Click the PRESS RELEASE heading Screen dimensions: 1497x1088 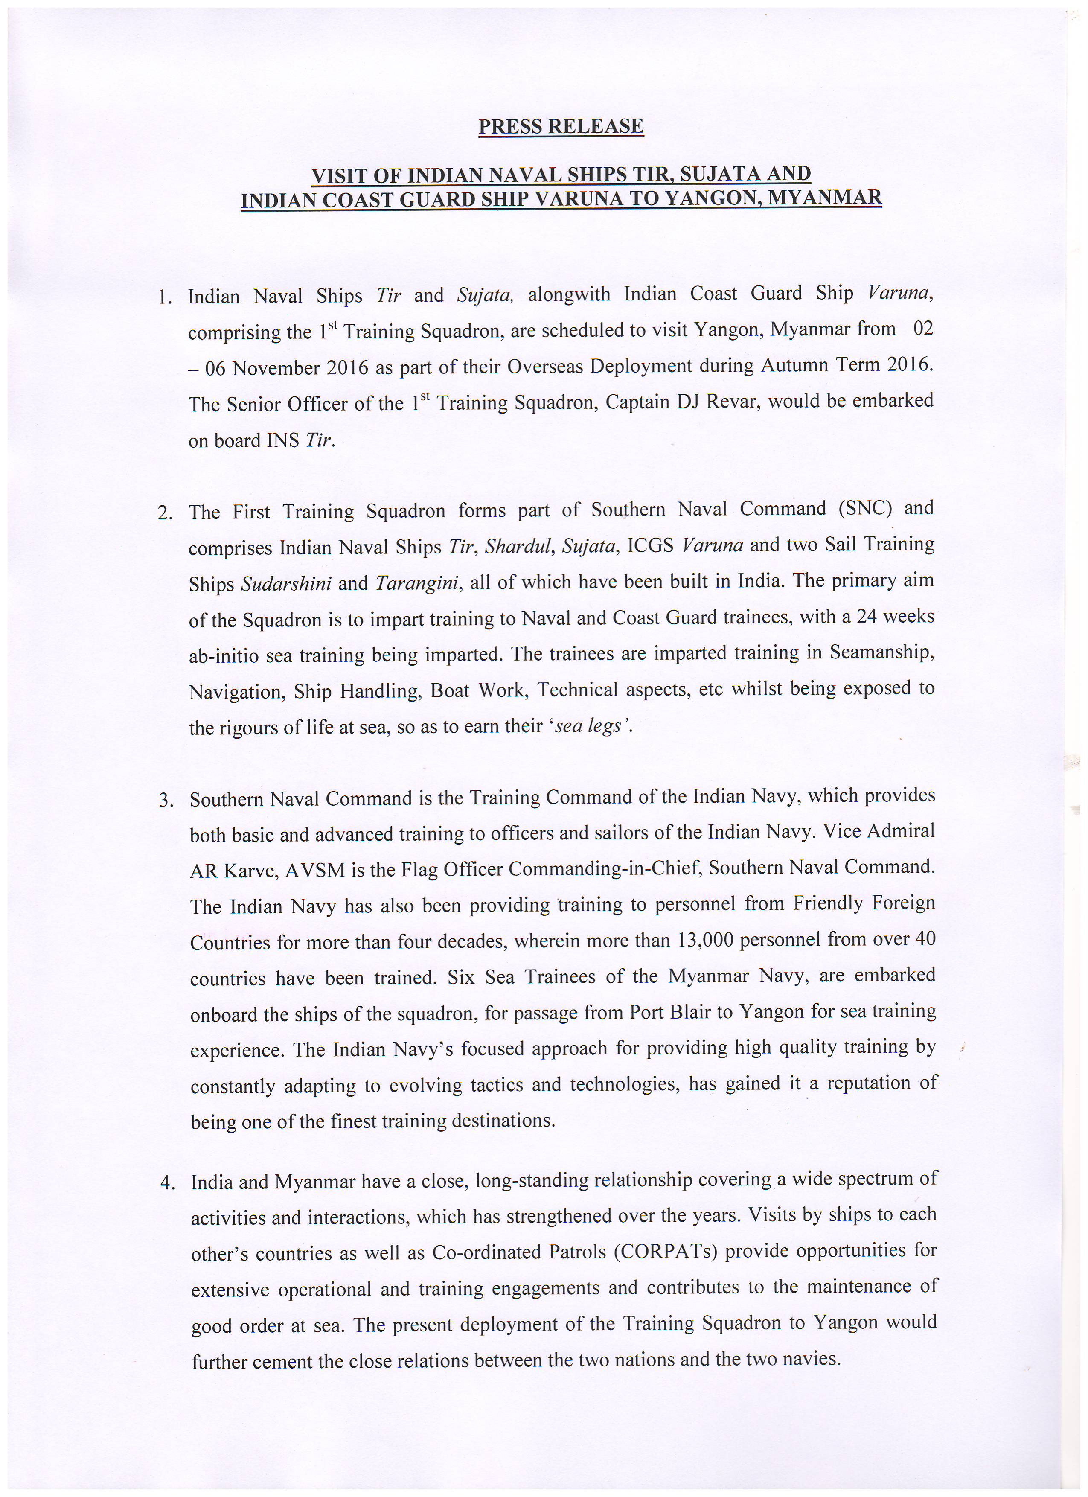[561, 126]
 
